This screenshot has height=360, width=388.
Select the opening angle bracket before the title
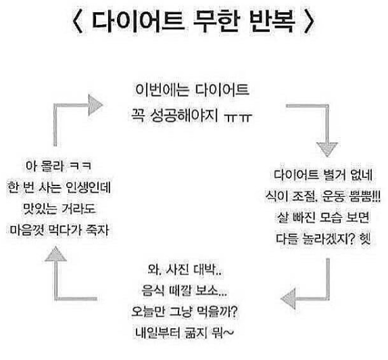(x=78, y=21)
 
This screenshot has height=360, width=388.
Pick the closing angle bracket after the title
(x=309, y=21)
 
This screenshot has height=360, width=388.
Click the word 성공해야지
(x=185, y=115)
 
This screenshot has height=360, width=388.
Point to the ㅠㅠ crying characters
(x=238, y=117)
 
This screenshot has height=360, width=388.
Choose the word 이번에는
(x=162, y=90)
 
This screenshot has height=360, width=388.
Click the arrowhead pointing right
(x=95, y=105)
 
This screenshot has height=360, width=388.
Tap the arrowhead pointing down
(x=327, y=150)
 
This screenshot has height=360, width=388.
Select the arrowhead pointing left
(x=288, y=298)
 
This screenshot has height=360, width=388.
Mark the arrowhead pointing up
(x=56, y=254)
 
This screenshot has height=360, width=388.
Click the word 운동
(x=333, y=196)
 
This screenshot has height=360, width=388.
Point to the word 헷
(x=366, y=239)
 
